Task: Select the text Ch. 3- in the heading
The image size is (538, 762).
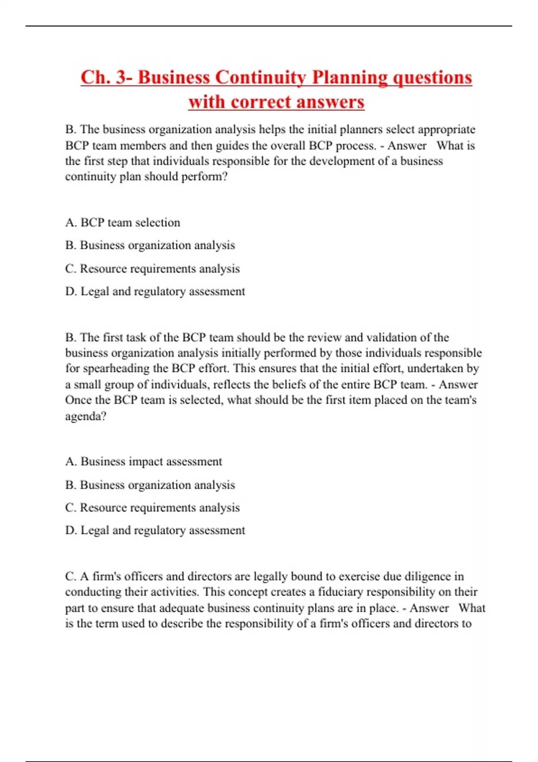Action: (x=107, y=77)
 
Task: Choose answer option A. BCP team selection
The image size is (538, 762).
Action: (x=122, y=223)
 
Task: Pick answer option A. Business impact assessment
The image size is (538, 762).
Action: (x=143, y=462)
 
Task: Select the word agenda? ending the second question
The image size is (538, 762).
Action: (x=86, y=416)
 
